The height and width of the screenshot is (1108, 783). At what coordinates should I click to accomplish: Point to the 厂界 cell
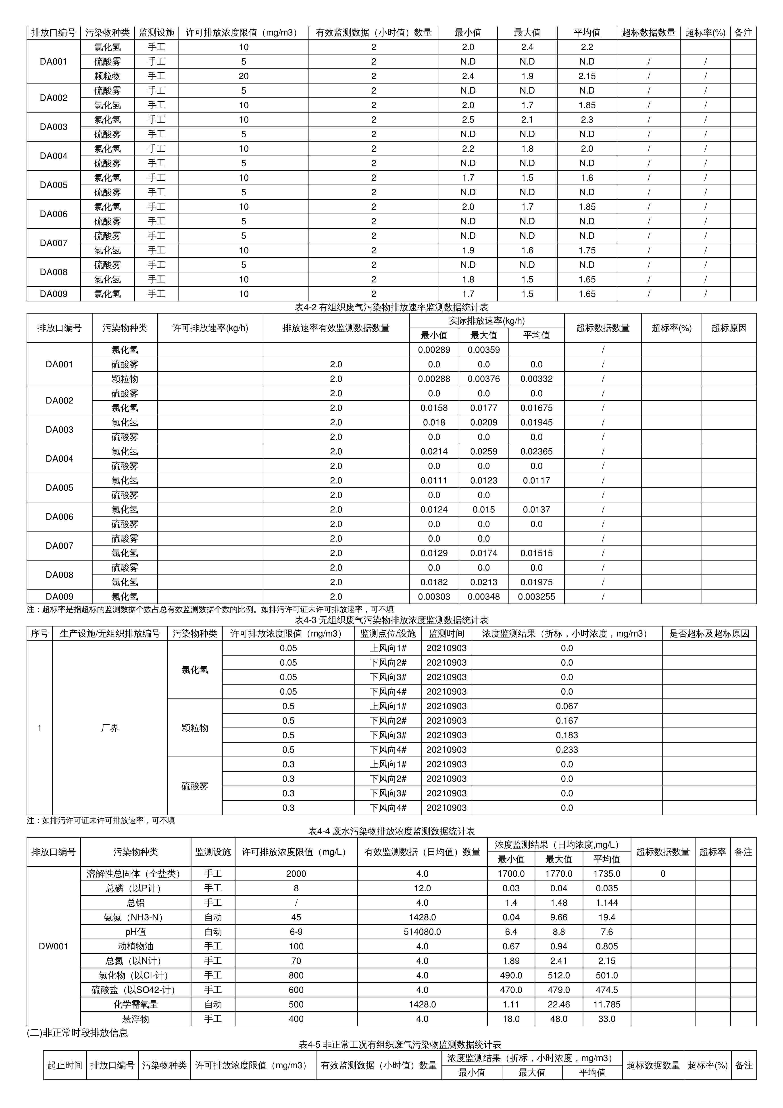[x=110, y=728]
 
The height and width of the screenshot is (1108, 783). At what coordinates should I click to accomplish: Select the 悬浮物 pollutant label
[x=135, y=1019]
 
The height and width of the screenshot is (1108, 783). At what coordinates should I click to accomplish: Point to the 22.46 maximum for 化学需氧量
[x=559, y=1004]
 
